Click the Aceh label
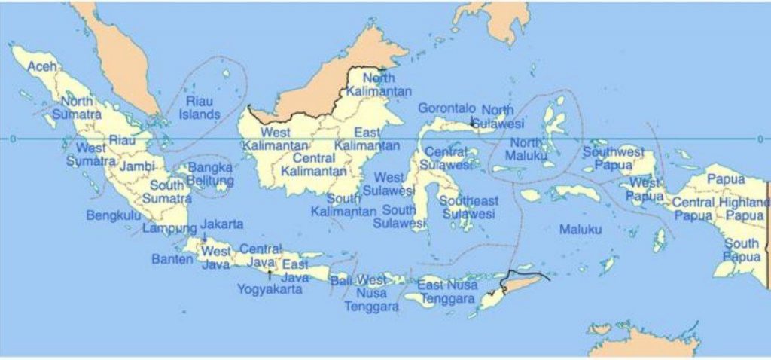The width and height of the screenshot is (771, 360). coord(42,67)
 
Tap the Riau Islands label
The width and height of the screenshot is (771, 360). coord(200,108)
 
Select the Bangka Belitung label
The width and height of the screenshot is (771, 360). coord(210,174)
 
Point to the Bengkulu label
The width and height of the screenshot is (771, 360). coord(114,215)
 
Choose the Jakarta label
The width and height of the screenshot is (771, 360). coord(222,224)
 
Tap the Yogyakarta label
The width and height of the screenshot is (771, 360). coord(270,288)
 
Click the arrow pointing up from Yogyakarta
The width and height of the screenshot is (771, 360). coord(270,275)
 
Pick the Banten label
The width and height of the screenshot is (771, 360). coord(172,259)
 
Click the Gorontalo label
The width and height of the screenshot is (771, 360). coord(446,108)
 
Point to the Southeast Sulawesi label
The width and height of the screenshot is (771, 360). coord(468,207)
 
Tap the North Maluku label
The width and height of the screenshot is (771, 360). coord(526,149)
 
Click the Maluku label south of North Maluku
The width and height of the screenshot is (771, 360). coord(581,229)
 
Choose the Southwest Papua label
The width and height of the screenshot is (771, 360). coord(613,158)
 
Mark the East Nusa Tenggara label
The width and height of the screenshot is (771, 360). coord(447,291)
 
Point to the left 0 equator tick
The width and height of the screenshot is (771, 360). coord(12,139)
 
